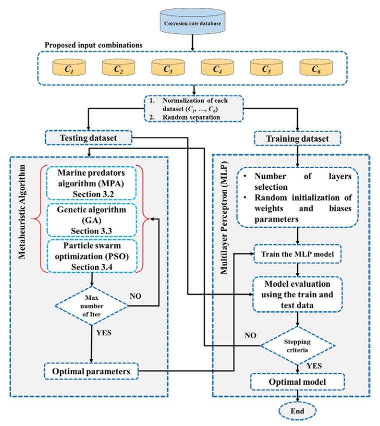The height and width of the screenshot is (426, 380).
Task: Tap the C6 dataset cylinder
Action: coord(314,68)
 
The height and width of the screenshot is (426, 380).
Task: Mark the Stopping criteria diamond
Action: coord(298,345)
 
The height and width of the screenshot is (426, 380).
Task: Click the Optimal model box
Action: coord(298,382)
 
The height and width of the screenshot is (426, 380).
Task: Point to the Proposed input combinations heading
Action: coord(94,45)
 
